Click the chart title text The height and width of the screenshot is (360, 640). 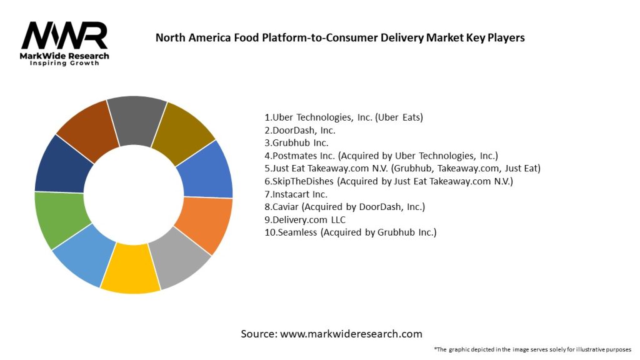pyautogui.click(x=340, y=37)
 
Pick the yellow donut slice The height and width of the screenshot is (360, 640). pyautogui.click(x=130, y=272)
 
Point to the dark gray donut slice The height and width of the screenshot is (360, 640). pyautogui.click(x=136, y=117)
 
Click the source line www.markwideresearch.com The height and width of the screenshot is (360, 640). pyautogui.click(x=331, y=334)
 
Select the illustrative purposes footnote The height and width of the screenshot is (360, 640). pyautogui.click(x=532, y=349)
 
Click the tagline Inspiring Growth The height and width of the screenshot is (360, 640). pyautogui.click(x=64, y=63)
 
